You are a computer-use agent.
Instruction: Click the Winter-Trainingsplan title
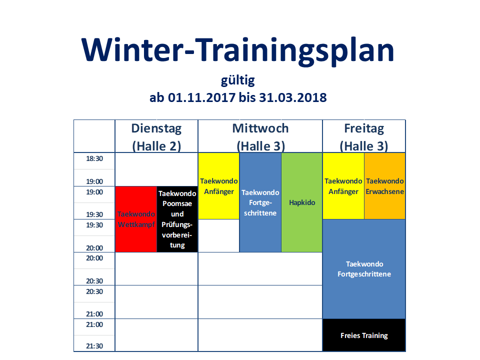(x=238, y=50)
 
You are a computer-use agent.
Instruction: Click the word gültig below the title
(x=238, y=81)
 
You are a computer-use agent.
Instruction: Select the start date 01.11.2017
(x=201, y=97)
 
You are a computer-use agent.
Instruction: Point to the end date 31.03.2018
(x=293, y=97)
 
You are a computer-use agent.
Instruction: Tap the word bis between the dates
(x=247, y=97)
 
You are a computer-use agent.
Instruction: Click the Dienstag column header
(x=156, y=128)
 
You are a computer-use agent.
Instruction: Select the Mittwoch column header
(x=260, y=128)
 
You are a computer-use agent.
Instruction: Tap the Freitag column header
(x=364, y=128)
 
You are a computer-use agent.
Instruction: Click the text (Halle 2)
(x=156, y=146)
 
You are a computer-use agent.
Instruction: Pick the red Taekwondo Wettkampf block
(x=136, y=219)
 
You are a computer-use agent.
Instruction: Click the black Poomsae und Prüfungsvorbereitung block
(x=177, y=219)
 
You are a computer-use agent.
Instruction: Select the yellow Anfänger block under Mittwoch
(x=219, y=186)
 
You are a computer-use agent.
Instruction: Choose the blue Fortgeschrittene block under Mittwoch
(x=260, y=202)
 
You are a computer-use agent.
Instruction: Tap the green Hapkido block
(x=302, y=202)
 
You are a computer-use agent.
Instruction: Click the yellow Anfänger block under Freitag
(x=343, y=186)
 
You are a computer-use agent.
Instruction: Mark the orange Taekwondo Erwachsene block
(x=385, y=186)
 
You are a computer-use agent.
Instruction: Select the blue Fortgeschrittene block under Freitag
(x=364, y=269)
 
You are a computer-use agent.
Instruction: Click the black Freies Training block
(x=364, y=335)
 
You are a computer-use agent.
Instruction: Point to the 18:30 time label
(x=94, y=158)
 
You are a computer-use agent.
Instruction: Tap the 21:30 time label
(x=94, y=346)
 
